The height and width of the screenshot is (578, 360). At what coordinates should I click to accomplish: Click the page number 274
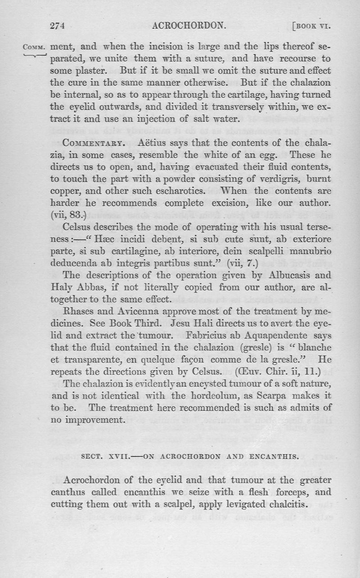point(58,26)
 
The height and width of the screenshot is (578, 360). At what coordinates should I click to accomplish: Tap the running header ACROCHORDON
point(189,26)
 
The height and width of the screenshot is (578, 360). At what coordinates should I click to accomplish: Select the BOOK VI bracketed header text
point(313,26)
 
